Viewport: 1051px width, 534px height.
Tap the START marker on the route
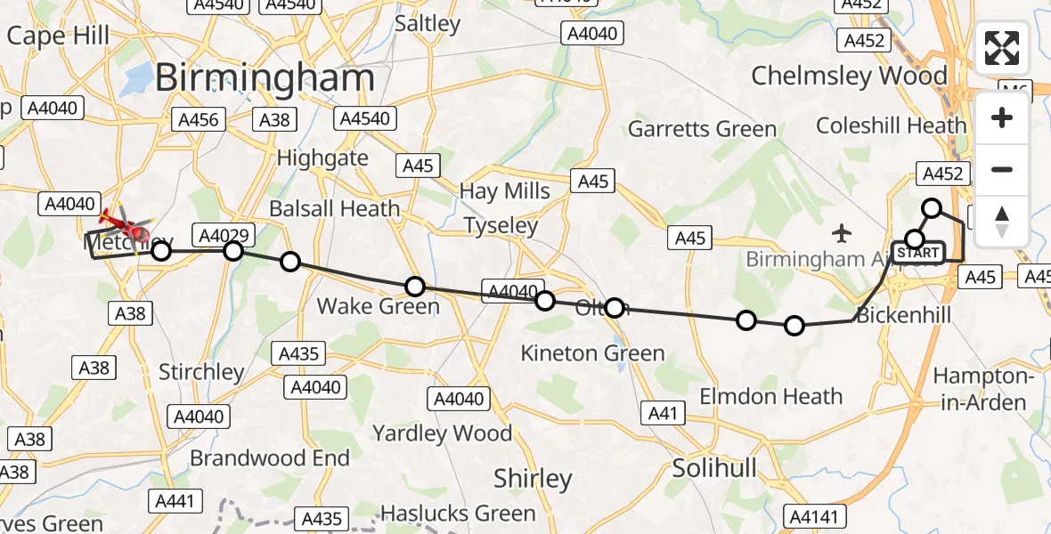[x=917, y=253]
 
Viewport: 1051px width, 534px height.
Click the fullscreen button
[x=1002, y=49]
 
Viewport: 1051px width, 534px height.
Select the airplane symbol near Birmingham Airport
[x=842, y=234]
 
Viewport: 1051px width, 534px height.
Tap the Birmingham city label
[x=265, y=78]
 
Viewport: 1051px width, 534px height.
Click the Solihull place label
[x=714, y=468]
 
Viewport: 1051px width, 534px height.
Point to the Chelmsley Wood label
[x=849, y=76]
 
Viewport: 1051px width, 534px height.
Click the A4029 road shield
[x=226, y=236]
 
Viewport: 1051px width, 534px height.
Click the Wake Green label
[x=379, y=306]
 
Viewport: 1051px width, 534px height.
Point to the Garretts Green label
[x=702, y=129]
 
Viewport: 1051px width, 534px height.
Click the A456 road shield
[x=199, y=120]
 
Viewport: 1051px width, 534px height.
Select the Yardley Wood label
[x=442, y=433]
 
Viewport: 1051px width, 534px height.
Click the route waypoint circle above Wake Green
[x=415, y=286]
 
